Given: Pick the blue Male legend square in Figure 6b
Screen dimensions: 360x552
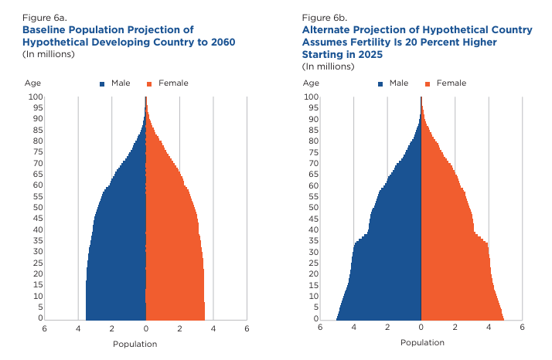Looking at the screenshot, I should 381,83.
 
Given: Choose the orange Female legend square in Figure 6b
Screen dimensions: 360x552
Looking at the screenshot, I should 428,83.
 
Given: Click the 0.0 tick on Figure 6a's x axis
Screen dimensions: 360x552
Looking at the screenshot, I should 146,328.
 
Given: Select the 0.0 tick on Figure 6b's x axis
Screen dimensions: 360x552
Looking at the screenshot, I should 421,328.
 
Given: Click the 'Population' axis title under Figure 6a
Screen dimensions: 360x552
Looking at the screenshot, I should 135,344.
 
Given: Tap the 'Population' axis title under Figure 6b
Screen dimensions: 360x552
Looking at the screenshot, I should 422,342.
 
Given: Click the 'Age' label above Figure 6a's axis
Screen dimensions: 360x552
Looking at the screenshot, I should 32,83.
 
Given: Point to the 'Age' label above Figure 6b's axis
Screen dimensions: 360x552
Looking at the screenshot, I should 310,83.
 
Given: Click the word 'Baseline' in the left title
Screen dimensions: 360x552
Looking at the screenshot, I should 46,29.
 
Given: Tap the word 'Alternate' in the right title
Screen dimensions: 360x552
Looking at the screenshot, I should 327,29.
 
